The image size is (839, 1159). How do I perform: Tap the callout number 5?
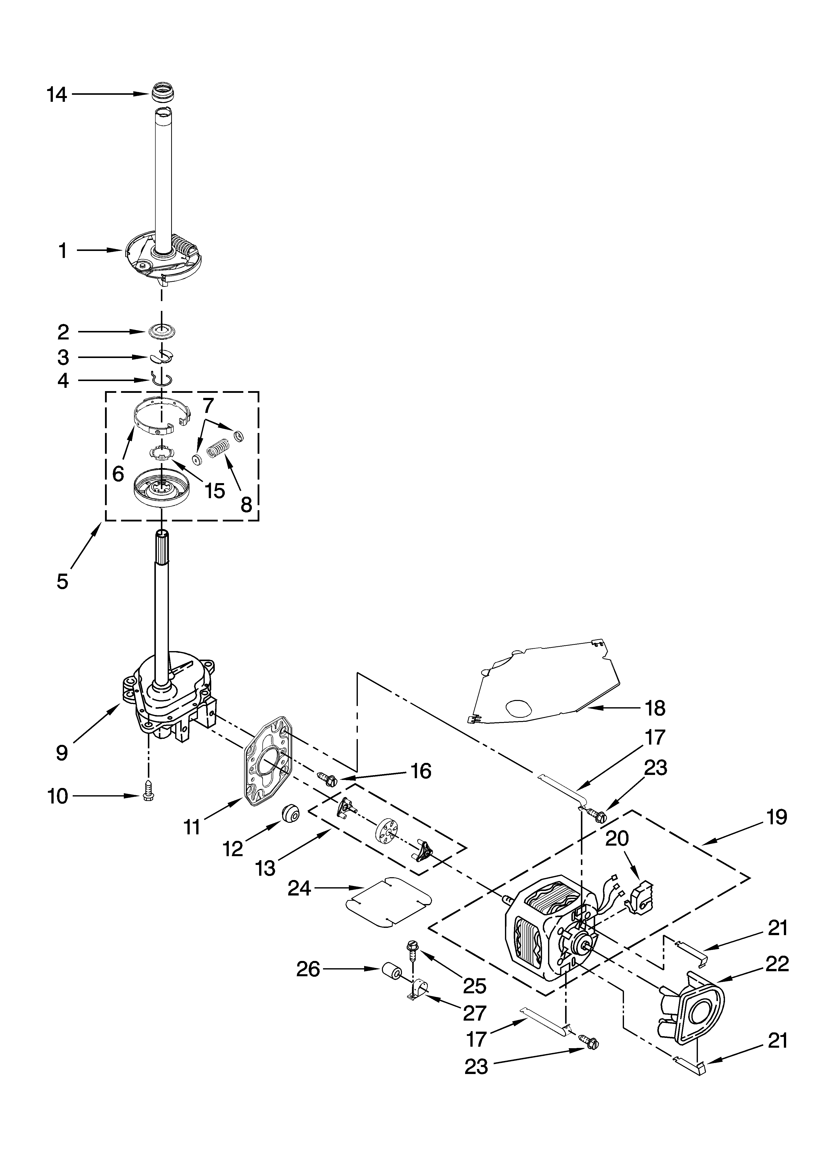(x=62, y=582)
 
